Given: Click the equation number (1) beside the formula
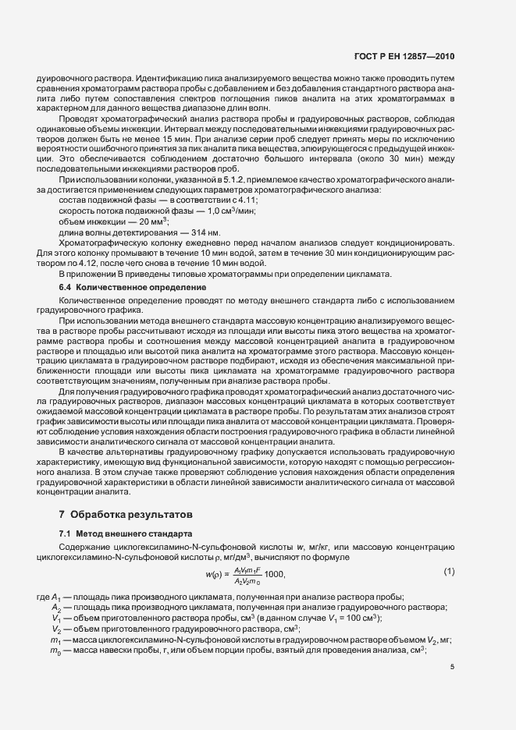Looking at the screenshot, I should pos(449,572).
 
